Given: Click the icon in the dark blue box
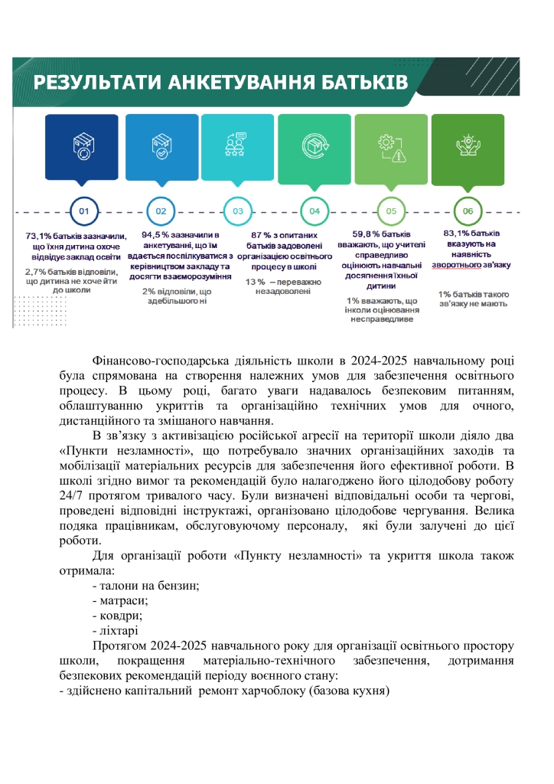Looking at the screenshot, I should pos(83,145).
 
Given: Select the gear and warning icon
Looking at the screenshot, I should pos(390,145).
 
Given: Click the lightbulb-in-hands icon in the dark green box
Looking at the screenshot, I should pos(468,145).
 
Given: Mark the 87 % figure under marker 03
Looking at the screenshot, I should pos(260,235).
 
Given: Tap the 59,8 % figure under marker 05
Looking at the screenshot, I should pos(367,235).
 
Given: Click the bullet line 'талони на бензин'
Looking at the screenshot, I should pos(145,586).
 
